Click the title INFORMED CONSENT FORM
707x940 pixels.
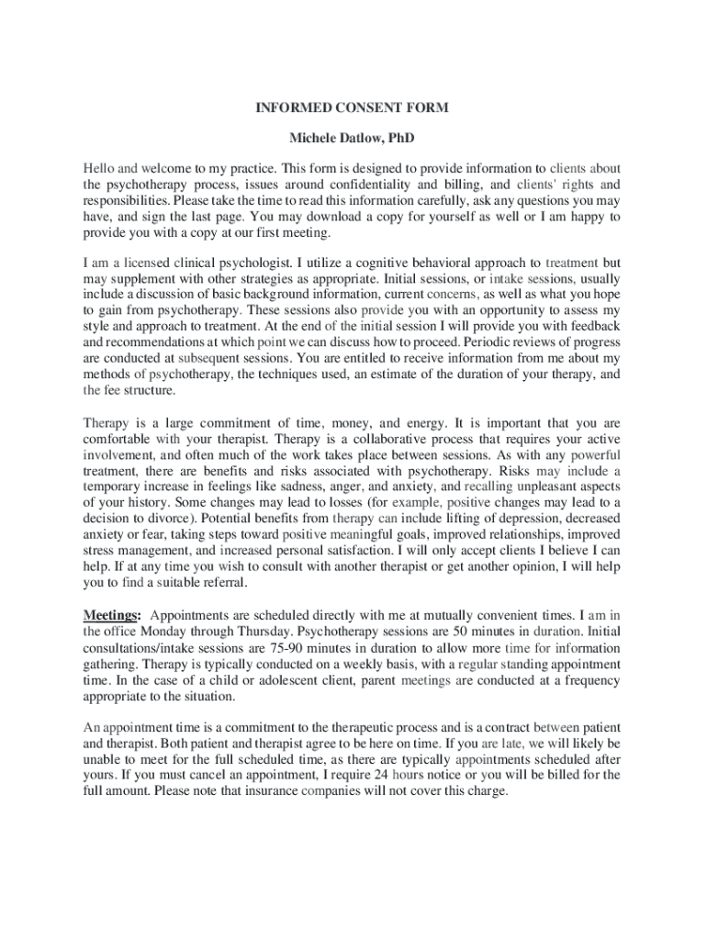click(352, 107)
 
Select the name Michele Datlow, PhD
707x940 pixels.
click(352, 139)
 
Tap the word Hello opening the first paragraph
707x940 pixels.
click(98, 169)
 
